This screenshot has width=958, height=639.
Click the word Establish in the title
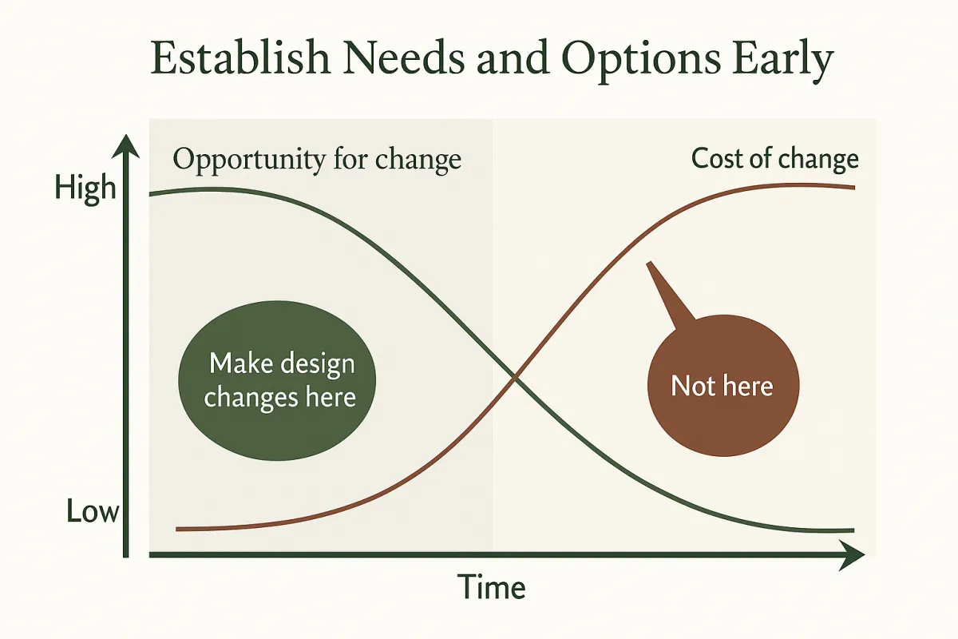tap(240, 58)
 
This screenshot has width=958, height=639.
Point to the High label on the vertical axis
tap(85, 189)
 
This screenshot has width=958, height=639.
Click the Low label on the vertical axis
tap(93, 511)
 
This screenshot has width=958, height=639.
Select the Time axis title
tap(492, 587)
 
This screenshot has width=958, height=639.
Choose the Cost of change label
tap(775, 159)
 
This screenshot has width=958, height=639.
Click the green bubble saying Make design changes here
tap(277, 380)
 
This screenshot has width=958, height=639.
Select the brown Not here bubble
tap(723, 385)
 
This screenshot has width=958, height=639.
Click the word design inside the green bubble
tap(318, 364)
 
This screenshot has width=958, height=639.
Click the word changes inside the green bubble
tap(251, 398)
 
